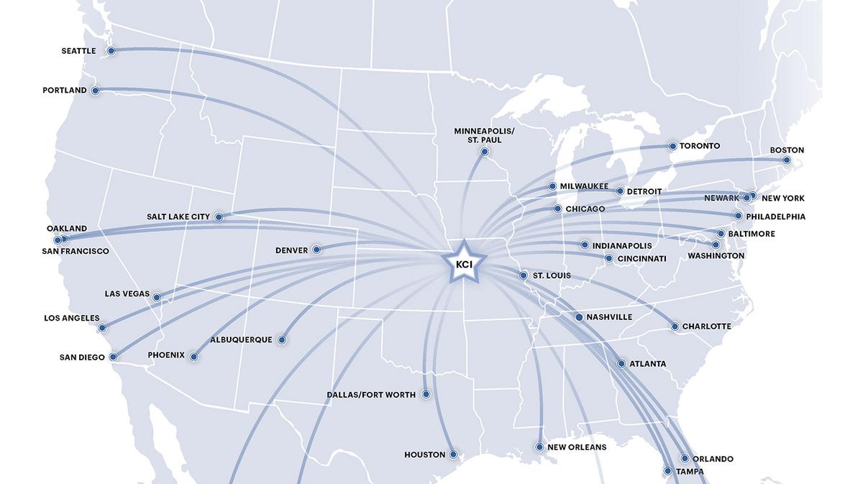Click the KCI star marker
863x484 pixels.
point(463,262)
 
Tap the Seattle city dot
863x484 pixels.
point(111,51)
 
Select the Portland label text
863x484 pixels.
point(65,91)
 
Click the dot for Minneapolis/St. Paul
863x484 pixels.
point(485,152)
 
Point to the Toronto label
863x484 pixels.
point(700,146)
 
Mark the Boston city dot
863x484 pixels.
point(787,160)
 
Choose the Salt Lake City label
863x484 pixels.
point(178,216)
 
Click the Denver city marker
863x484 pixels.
point(316,250)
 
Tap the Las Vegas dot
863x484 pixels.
point(157,297)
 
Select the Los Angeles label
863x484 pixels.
point(72,319)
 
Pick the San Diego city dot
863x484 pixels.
point(113,356)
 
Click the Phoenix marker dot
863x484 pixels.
point(193,356)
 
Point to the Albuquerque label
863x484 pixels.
point(241,339)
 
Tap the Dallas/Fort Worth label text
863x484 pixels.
point(371,395)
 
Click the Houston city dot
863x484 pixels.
point(453,455)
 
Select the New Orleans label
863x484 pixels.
point(577,447)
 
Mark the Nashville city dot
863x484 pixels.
point(579,317)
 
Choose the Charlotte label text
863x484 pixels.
point(707,327)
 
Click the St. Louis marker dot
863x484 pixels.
point(524,275)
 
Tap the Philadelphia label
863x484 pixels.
point(776,216)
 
